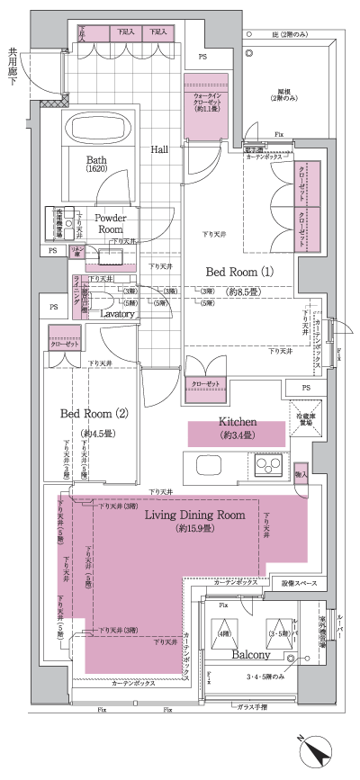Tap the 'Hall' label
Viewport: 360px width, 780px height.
[159, 149]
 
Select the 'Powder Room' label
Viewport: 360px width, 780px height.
[110, 223]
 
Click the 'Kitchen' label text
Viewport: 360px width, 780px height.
[238, 422]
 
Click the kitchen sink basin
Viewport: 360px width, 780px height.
[200, 465]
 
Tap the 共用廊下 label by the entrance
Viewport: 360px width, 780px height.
[13, 67]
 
